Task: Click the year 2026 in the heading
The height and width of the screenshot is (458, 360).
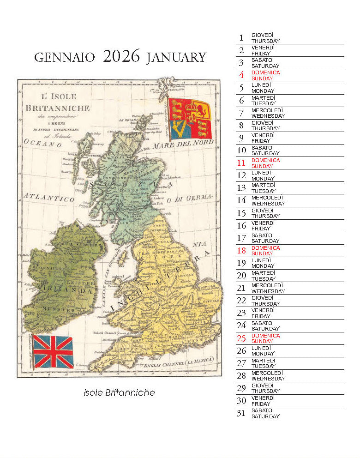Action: (x=121, y=56)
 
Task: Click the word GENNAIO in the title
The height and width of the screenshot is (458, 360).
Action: (x=65, y=58)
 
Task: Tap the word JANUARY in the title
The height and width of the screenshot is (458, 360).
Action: (x=176, y=58)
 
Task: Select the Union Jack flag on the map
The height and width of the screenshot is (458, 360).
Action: (x=53, y=352)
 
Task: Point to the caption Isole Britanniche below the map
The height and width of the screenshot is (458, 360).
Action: (x=119, y=393)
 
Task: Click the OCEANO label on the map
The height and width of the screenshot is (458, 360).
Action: (x=44, y=144)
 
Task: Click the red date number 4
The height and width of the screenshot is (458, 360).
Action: (x=241, y=75)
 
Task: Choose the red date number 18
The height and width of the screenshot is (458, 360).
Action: (x=241, y=251)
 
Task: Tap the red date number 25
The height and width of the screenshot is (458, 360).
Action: (x=241, y=338)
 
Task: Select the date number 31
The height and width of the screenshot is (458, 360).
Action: (x=241, y=413)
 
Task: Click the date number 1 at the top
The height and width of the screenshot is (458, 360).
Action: (x=241, y=38)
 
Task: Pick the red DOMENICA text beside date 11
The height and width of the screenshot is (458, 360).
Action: (x=265, y=160)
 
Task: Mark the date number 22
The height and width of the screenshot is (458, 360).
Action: (x=241, y=301)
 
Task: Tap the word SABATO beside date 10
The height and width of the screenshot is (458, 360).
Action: (x=262, y=147)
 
